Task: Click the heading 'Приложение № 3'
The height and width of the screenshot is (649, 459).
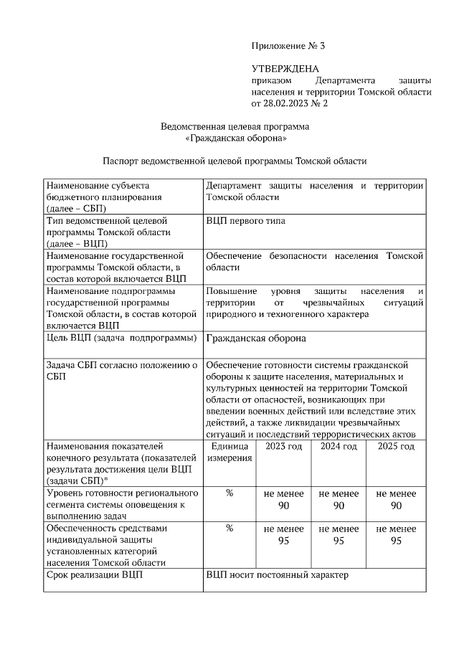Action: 288,46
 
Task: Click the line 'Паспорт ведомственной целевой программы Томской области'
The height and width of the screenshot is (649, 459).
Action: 235,161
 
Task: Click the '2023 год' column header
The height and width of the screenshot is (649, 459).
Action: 284,446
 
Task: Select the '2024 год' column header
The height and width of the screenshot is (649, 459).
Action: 339,446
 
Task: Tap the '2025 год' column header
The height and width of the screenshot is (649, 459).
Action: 396,446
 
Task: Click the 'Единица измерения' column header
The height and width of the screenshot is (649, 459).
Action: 229,453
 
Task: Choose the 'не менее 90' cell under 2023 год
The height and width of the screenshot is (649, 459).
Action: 284,499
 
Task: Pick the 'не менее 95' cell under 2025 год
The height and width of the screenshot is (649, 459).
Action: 396,534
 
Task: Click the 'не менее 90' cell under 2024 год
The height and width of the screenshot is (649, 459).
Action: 339,499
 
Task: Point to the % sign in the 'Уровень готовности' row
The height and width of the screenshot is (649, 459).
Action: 229,493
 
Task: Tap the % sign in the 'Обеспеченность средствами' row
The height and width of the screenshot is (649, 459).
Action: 229,529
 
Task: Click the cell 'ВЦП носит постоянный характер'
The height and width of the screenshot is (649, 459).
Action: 276,575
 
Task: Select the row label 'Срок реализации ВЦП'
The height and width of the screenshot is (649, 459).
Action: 94,575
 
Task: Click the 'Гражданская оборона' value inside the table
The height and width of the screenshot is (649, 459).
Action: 256,338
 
